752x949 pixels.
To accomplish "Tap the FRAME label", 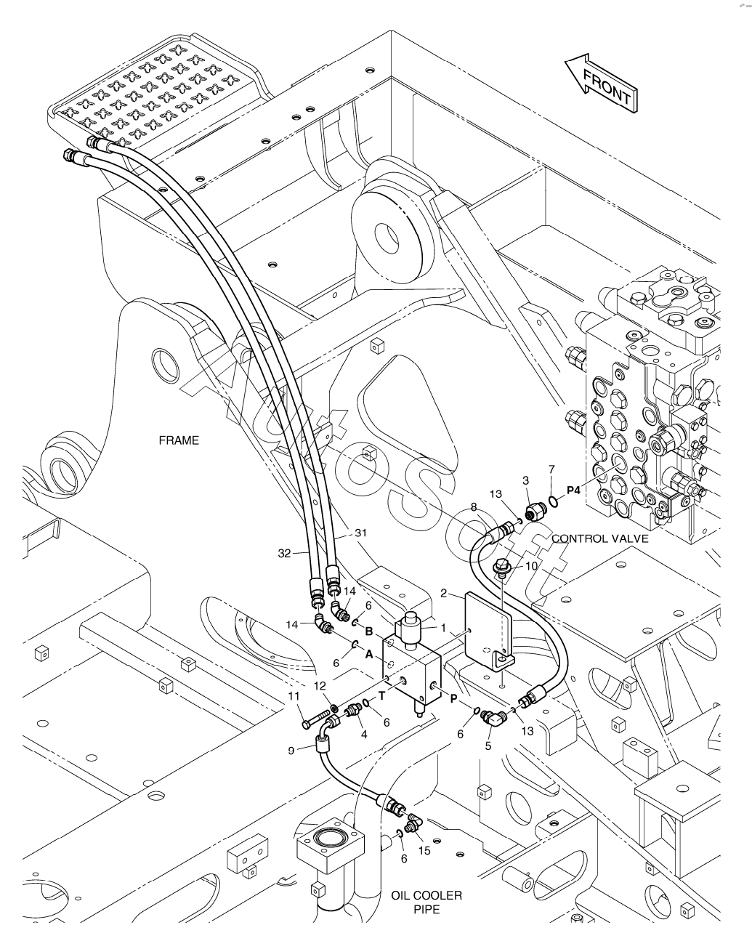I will pyautogui.click(x=179, y=441).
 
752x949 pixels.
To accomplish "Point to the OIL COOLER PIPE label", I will pyautogui.click(x=426, y=902).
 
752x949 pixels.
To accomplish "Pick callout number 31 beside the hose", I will pyautogui.click(x=361, y=533).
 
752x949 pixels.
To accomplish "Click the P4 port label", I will pyautogui.click(x=573, y=491).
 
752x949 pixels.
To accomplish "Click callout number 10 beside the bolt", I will pyautogui.click(x=531, y=565).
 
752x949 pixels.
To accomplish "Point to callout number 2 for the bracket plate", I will pyautogui.click(x=443, y=593).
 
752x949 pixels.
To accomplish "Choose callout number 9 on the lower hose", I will pyautogui.click(x=291, y=751).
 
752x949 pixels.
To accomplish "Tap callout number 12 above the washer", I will pyautogui.click(x=320, y=685).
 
